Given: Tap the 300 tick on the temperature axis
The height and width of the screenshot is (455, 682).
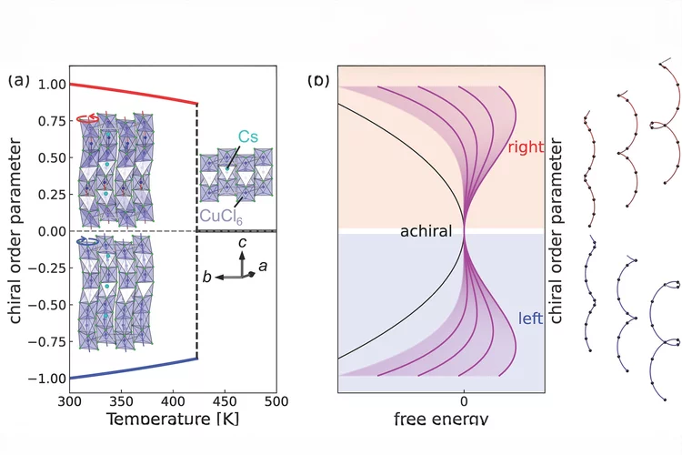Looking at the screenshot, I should click(x=70, y=401).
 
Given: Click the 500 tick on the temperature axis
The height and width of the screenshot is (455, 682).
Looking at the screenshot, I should click(x=276, y=401).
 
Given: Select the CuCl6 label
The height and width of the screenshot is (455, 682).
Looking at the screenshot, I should click(x=224, y=216).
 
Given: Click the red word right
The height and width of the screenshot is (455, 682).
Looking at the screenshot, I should click(x=525, y=147).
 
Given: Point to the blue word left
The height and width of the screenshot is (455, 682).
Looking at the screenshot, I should click(x=531, y=318).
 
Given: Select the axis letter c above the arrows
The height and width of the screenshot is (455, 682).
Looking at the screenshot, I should click(x=241, y=244).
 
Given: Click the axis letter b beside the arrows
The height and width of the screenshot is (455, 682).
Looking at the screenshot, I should click(x=207, y=277).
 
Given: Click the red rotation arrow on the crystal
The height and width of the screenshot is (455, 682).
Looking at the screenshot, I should click(x=87, y=118).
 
